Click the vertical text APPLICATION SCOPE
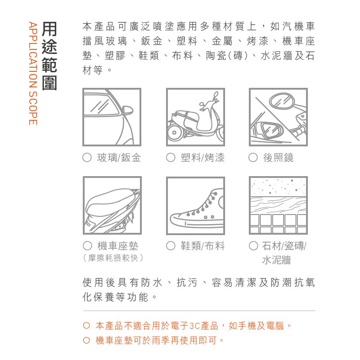(x=33, y=73)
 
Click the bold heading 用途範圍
(x=49, y=56)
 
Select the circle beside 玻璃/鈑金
(x=87, y=157)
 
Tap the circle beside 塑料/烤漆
(x=171, y=157)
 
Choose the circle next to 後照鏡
(x=253, y=157)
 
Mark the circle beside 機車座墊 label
(x=87, y=246)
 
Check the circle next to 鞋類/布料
(x=171, y=246)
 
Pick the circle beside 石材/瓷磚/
(x=253, y=246)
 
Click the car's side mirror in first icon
(x=128, y=110)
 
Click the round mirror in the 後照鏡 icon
(x=282, y=101)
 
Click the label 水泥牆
(x=276, y=260)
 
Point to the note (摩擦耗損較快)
(x=113, y=258)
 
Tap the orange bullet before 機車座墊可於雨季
(x=86, y=340)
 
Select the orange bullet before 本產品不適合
(x=86, y=326)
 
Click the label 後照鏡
(x=278, y=158)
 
